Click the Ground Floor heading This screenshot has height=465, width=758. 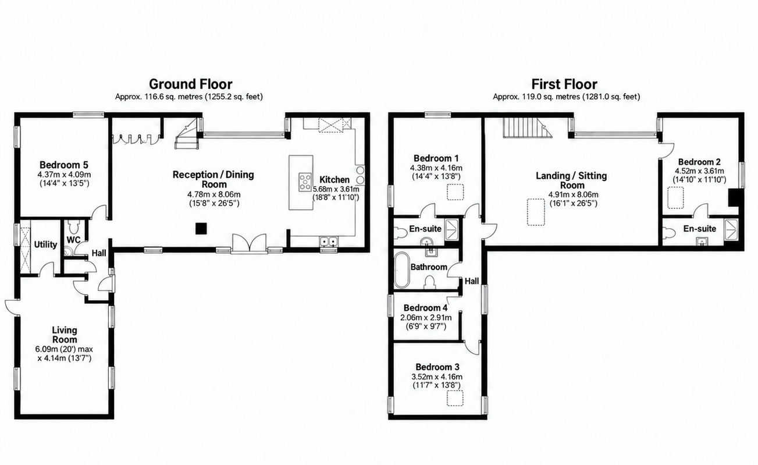(x=190, y=84)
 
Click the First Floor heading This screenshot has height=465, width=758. (x=564, y=84)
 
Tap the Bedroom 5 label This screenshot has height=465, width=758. (x=63, y=165)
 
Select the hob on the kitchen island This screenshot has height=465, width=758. (x=305, y=182)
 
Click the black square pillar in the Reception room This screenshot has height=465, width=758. (x=201, y=229)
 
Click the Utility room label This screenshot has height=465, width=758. (x=45, y=244)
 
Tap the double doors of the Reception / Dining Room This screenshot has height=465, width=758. (x=249, y=243)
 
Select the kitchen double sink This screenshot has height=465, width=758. (x=329, y=242)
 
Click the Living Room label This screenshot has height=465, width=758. (x=65, y=335)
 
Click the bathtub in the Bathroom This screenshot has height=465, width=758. (x=402, y=269)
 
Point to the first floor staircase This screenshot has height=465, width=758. (x=527, y=127)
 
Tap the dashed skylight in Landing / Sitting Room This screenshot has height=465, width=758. (x=536, y=212)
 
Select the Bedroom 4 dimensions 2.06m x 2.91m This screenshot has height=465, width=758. (x=426, y=318)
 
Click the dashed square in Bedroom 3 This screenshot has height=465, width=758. (x=455, y=398)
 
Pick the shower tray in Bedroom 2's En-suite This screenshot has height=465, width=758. (x=731, y=230)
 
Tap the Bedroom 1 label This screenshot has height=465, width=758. (x=436, y=158)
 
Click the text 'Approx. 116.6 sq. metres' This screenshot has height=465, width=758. (x=159, y=97)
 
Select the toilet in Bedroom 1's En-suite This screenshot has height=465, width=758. (x=401, y=233)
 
